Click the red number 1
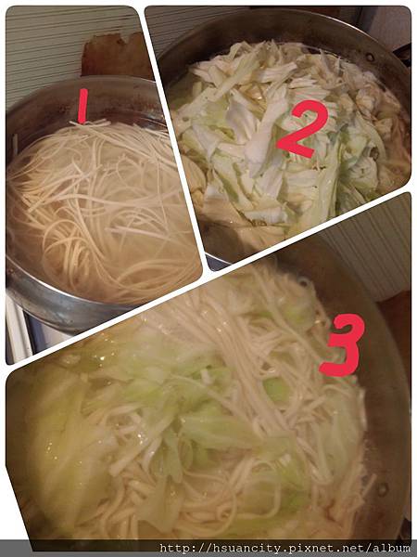coord(82,108)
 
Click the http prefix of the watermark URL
coord(173,548)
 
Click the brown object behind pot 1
coord(116,56)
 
